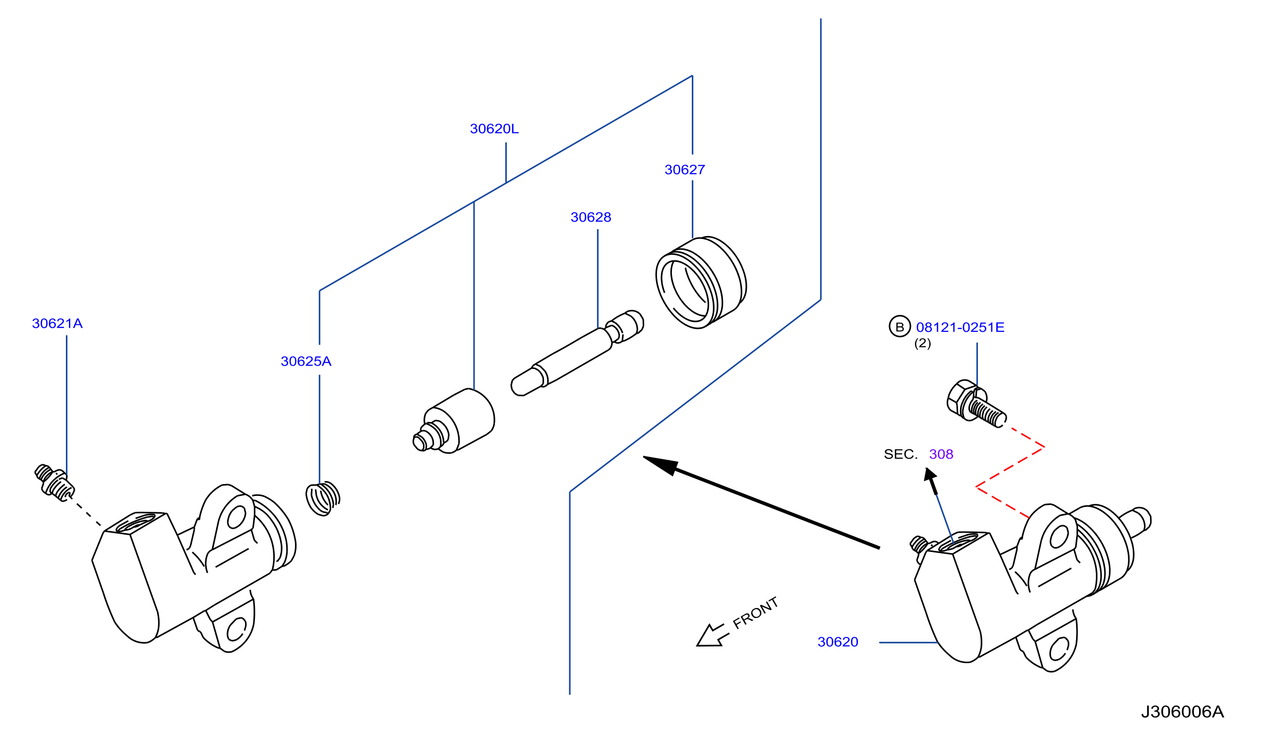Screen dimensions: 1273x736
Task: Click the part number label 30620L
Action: (493, 129)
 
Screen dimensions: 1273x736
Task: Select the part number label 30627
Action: (684, 170)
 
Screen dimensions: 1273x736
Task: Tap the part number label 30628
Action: (591, 217)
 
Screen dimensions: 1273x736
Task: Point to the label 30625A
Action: (305, 361)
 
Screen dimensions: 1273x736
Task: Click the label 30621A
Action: (57, 323)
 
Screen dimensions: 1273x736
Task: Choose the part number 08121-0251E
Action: (960, 327)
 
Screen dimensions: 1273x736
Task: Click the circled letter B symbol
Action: (899, 326)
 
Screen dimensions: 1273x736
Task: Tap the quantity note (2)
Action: (922, 344)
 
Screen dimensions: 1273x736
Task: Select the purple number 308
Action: (941, 454)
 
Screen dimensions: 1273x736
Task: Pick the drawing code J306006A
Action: (1182, 712)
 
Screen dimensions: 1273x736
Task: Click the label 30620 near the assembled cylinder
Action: (838, 642)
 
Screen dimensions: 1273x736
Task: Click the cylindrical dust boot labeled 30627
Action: (701, 282)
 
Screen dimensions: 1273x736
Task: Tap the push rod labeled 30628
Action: (577, 353)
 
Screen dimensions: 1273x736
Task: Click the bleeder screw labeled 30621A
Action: (54, 483)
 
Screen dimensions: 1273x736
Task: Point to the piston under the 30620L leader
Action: (453, 421)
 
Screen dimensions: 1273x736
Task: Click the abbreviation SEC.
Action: (900, 454)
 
